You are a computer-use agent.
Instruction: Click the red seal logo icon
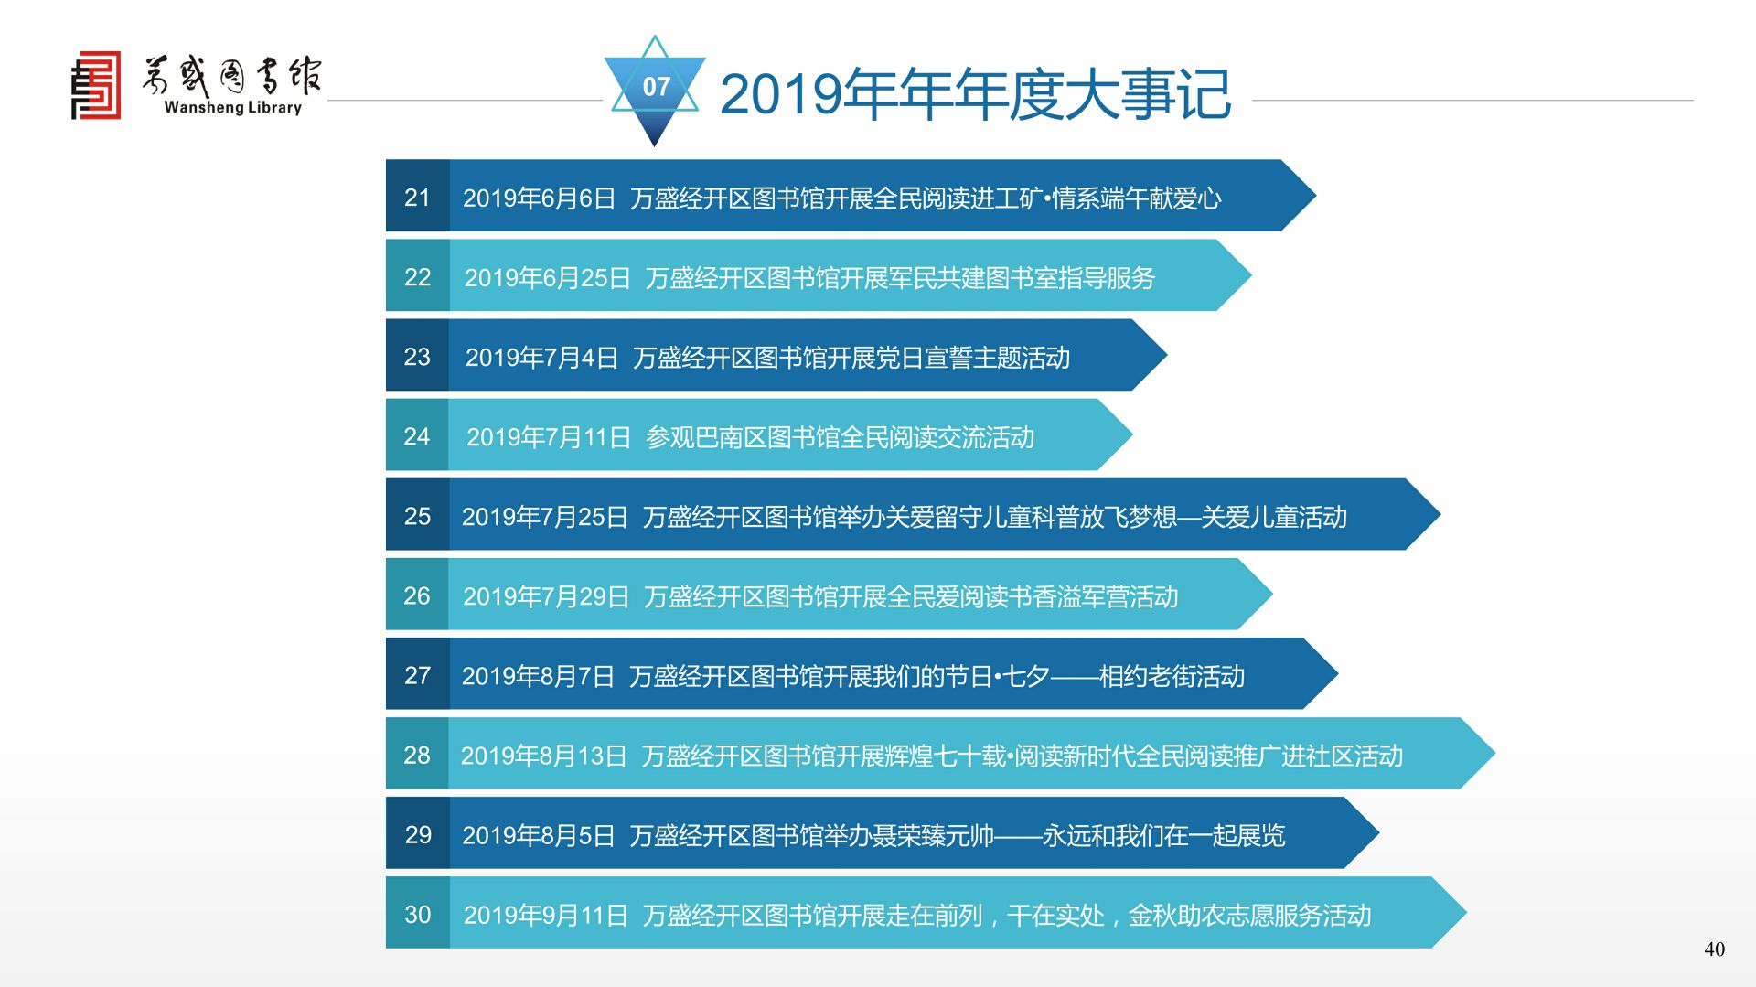96,85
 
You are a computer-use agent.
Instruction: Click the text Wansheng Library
232,107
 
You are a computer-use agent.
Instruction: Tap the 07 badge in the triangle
656,87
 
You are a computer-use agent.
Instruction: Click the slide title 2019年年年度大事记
975,93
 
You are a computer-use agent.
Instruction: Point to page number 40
1714,949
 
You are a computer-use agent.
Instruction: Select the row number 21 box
417,196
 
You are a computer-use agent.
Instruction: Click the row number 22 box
417,275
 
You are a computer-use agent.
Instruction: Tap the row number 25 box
417,515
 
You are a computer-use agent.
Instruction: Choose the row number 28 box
417,754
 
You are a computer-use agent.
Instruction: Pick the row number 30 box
417,913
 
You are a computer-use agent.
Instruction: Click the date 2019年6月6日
539,198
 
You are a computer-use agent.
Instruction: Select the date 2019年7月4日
541,358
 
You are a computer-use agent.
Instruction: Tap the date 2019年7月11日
549,437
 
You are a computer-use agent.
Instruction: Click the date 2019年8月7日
538,676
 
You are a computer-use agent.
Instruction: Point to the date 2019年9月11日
546,915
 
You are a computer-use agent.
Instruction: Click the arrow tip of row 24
1132,434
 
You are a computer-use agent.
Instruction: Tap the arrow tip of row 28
1494,754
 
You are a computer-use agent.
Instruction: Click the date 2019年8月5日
538,835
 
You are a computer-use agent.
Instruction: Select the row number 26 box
417,595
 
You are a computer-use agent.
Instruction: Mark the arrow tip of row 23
1166,355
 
